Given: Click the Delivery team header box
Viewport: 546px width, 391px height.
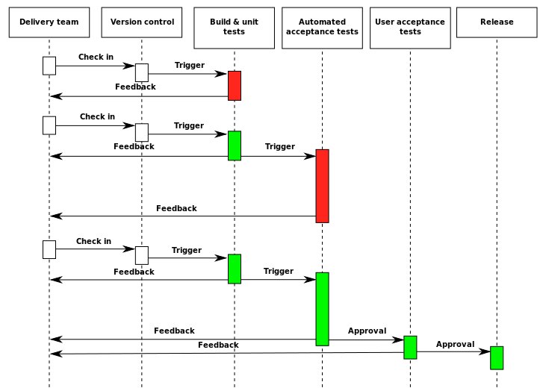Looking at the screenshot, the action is pyautogui.click(x=49, y=22).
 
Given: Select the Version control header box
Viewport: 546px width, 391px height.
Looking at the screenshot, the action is pyautogui.click(x=142, y=22).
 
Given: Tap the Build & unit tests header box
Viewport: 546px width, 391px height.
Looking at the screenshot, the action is pyautogui.click(x=234, y=28).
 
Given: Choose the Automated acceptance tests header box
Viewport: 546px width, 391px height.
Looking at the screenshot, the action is pyautogui.click(x=322, y=28).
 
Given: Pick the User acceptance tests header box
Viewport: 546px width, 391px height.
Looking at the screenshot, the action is pyautogui.click(x=410, y=28).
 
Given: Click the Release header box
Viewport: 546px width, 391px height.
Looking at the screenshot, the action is pyautogui.click(x=497, y=22).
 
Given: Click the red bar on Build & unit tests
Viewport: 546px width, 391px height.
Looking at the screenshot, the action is pyautogui.click(x=235, y=86).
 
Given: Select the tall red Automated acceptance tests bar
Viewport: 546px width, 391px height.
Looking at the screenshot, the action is pyautogui.click(x=322, y=186).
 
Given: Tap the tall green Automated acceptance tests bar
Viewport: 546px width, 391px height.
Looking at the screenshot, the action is pyautogui.click(x=322, y=309).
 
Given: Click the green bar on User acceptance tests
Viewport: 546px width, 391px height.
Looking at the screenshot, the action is pyautogui.click(x=410, y=348).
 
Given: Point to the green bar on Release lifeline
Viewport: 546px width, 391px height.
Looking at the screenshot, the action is pyautogui.click(x=497, y=358).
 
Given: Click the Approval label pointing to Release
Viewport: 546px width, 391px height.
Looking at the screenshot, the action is pyautogui.click(x=455, y=345).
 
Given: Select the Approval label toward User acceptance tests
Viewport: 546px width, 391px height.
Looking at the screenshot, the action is pyautogui.click(x=367, y=331).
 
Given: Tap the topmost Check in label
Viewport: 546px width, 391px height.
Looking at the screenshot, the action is pyautogui.click(x=96, y=57).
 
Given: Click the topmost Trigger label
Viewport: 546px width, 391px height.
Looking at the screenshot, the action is pyautogui.click(x=190, y=66).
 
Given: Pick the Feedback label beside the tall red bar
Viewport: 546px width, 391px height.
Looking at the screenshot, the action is pyautogui.click(x=176, y=208).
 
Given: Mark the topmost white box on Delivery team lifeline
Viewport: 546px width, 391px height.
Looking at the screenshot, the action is pyautogui.click(x=49, y=66).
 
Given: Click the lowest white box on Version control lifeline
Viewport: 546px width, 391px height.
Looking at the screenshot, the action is pyautogui.click(x=142, y=256).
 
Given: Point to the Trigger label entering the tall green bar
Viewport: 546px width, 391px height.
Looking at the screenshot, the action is pyautogui.click(x=278, y=272).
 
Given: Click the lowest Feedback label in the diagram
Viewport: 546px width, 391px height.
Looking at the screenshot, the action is pyautogui.click(x=218, y=345).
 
